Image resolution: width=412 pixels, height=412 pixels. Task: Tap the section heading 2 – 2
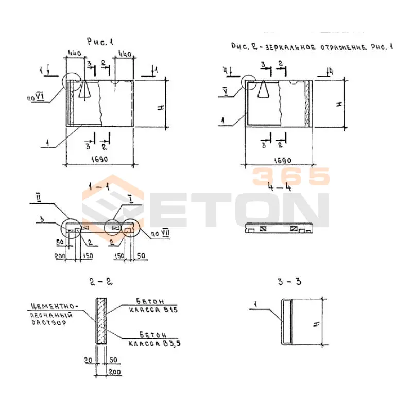point(100,282)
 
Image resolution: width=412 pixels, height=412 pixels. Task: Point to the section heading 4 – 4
point(280,187)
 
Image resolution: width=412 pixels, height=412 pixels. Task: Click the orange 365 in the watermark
point(290,177)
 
